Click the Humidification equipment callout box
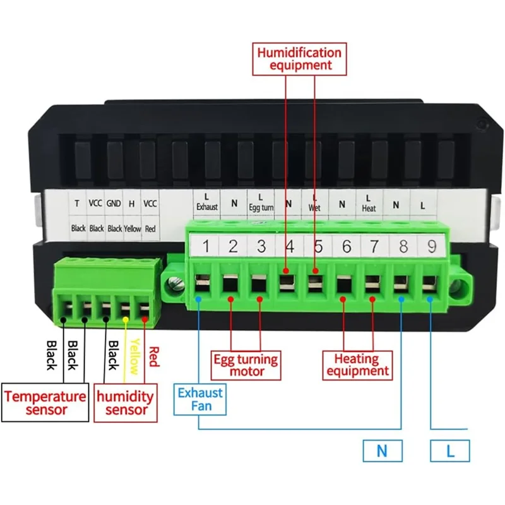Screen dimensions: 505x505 (299, 59)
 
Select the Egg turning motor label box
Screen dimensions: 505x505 (246, 365)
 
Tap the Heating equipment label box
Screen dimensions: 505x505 (357, 365)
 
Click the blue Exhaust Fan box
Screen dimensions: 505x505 (200, 400)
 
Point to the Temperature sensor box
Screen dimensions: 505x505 (45, 402)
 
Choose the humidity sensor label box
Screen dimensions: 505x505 (125, 403)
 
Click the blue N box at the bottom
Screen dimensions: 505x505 (383, 451)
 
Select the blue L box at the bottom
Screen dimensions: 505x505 (450, 451)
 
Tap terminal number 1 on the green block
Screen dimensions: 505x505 (206, 246)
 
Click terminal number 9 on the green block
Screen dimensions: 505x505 (432, 246)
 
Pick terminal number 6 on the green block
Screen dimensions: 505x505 (347, 246)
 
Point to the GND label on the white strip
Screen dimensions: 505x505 (114, 203)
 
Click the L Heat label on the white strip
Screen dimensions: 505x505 (369, 203)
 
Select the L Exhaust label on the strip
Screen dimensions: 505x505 (207, 202)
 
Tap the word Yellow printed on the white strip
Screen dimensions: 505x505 (133, 229)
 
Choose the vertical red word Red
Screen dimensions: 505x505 (154, 357)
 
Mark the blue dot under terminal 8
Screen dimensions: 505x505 (401, 299)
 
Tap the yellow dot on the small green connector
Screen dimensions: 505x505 (126, 319)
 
